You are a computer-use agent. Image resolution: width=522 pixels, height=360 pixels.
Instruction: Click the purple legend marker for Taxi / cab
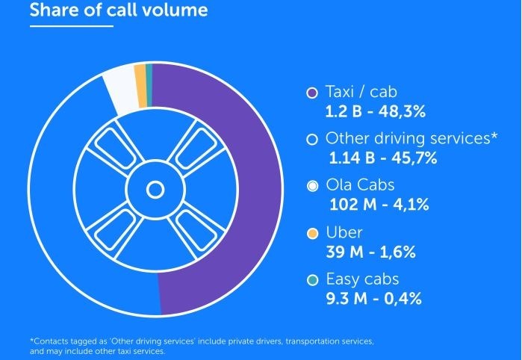click(313, 93)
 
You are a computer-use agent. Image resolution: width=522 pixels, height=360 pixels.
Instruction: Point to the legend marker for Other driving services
click(313, 139)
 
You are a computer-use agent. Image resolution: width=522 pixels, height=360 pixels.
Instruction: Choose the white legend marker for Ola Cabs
click(313, 186)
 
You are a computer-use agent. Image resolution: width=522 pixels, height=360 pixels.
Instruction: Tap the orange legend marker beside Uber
click(313, 233)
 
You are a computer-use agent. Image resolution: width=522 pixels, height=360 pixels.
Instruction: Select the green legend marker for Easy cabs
click(313, 280)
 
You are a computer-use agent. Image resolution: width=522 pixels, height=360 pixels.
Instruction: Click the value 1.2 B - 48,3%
click(375, 113)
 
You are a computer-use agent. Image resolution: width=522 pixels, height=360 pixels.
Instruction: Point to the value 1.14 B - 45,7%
click(382, 158)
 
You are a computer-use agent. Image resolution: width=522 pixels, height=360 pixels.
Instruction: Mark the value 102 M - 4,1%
click(379, 205)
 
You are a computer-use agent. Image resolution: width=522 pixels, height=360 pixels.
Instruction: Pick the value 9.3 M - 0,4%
click(374, 299)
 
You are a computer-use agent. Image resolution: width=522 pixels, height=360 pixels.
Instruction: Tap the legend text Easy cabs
click(362, 279)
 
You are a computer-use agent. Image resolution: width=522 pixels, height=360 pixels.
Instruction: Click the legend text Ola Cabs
click(360, 185)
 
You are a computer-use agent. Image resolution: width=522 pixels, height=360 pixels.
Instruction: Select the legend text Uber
click(344, 232)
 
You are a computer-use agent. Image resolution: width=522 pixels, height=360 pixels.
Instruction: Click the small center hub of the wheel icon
click(155, 190)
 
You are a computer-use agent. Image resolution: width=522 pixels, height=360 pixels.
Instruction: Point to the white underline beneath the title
click(71, 26)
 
